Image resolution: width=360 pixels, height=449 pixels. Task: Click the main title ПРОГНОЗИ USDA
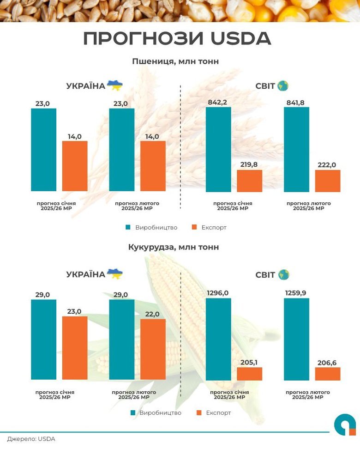[177, 39]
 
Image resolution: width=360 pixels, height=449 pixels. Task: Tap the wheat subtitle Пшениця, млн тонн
[175, 61]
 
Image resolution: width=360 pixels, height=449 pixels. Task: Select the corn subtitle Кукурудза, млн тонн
[174, 247]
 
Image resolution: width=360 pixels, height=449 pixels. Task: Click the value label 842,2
[218, 102]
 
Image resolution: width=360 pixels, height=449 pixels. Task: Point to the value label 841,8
[296, 102]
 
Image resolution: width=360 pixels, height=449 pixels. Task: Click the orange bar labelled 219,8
[250, 181]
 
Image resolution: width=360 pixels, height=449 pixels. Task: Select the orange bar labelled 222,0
[328, 181]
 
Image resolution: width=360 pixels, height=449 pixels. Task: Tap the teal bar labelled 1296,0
[218, 339]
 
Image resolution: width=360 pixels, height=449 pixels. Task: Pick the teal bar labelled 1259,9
[296, 339]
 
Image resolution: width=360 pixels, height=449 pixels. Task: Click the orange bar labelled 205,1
[250, 374]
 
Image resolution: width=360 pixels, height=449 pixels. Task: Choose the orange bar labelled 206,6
[328, 374]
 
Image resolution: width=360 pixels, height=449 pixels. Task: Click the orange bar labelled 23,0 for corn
[75, 348]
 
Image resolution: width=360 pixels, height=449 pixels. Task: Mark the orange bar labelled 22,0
[153, 349]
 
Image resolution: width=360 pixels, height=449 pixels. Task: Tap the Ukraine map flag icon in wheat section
[115, 85]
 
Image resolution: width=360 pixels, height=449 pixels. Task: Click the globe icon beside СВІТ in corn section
[283, 275]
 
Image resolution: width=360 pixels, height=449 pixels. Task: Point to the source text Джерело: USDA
[31, 439]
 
